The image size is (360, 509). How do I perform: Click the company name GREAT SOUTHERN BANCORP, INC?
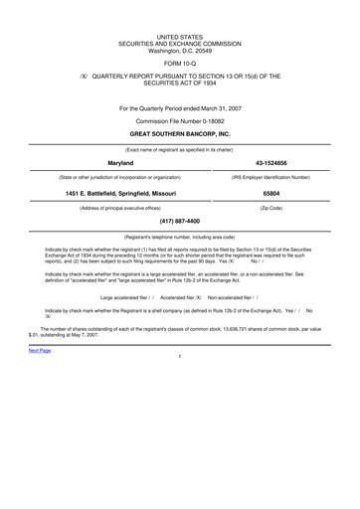pos(180,132)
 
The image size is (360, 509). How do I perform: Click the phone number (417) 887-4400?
pos(180,221)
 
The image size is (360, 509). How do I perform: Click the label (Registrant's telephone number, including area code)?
pos(180,237)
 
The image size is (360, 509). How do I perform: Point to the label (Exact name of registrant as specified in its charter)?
pos(180,147)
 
